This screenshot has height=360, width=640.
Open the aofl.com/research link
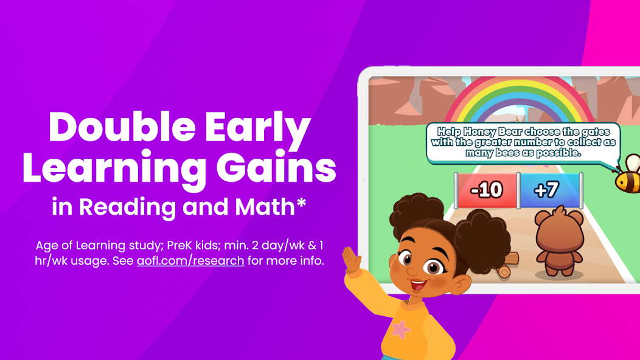tap(190, 261)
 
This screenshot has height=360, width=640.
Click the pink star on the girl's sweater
tap(400, 330)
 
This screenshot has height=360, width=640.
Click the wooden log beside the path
tap(507, 265)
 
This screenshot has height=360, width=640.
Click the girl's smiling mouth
tap(418, 284)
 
